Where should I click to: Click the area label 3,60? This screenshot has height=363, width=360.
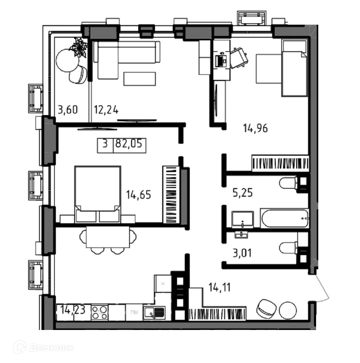(x=67, y=110)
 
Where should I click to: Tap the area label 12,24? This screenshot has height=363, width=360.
(x=106, y=110)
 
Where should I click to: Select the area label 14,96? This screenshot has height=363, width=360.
(x=255, y=128)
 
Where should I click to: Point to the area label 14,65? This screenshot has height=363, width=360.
(x=138, y=195)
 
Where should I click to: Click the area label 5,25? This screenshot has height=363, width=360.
(x=242, y=193)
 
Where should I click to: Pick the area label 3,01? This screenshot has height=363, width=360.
(x=242, y=253)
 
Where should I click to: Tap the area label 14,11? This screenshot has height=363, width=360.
(x=220, y=287)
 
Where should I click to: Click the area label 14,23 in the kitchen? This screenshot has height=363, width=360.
(x=73, y=309)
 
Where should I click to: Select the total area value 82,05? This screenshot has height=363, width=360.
(x=129, y=144)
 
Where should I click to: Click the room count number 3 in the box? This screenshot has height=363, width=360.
(x=105, y=144)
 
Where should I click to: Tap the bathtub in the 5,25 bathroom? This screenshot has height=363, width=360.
(x=285, y=218)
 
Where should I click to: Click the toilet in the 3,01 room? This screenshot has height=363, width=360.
(x=288, y=248)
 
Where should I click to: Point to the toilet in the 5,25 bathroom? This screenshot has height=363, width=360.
(x=288, y=183)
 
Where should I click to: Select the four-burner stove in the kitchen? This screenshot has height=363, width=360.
(x=99, y=313)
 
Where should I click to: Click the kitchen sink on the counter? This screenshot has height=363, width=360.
(x=154, y=313)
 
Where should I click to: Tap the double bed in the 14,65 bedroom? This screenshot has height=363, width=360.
(x=98, y=194)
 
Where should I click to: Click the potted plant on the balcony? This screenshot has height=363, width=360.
(x=79, y=48)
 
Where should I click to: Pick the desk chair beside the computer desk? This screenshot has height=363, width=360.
(x=239, y=58)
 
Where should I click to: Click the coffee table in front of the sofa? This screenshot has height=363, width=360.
(x=140, y=79)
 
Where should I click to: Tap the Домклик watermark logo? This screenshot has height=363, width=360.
(x=44, y=347)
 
